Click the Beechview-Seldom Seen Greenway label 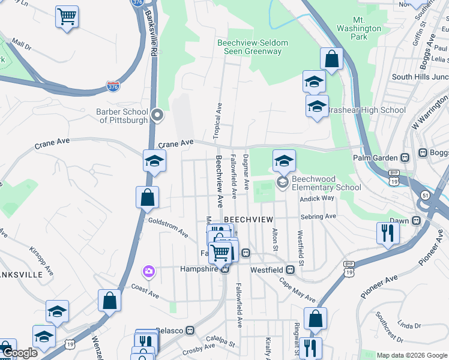[252, 47]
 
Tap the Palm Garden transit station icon [405, 158]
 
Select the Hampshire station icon [224, 269]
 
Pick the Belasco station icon [190, 330]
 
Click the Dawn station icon [416, 221]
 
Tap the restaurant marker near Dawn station [388, 232]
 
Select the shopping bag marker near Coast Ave [110, 301]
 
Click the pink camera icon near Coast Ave [148, 271]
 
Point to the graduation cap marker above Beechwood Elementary [284, 160]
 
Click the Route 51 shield [424, 195]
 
